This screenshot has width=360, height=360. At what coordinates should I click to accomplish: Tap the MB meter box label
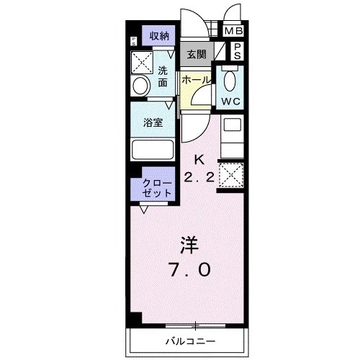(233, 31)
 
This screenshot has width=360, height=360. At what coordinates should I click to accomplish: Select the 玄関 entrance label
(197, 54)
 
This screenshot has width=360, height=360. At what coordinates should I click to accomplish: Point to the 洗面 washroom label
(163, 76)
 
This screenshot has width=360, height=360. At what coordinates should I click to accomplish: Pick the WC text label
(232, 100)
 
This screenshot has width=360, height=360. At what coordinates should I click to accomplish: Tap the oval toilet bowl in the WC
(231, 78)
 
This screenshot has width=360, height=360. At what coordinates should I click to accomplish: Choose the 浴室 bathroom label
(153, 122)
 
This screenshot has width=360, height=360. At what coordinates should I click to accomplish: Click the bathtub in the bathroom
(153, 150)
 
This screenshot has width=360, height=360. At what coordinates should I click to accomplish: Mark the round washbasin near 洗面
(140, 85)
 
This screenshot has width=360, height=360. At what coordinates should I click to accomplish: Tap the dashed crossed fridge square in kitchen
(230, 174)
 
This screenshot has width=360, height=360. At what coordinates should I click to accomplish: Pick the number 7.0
(190, 270)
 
